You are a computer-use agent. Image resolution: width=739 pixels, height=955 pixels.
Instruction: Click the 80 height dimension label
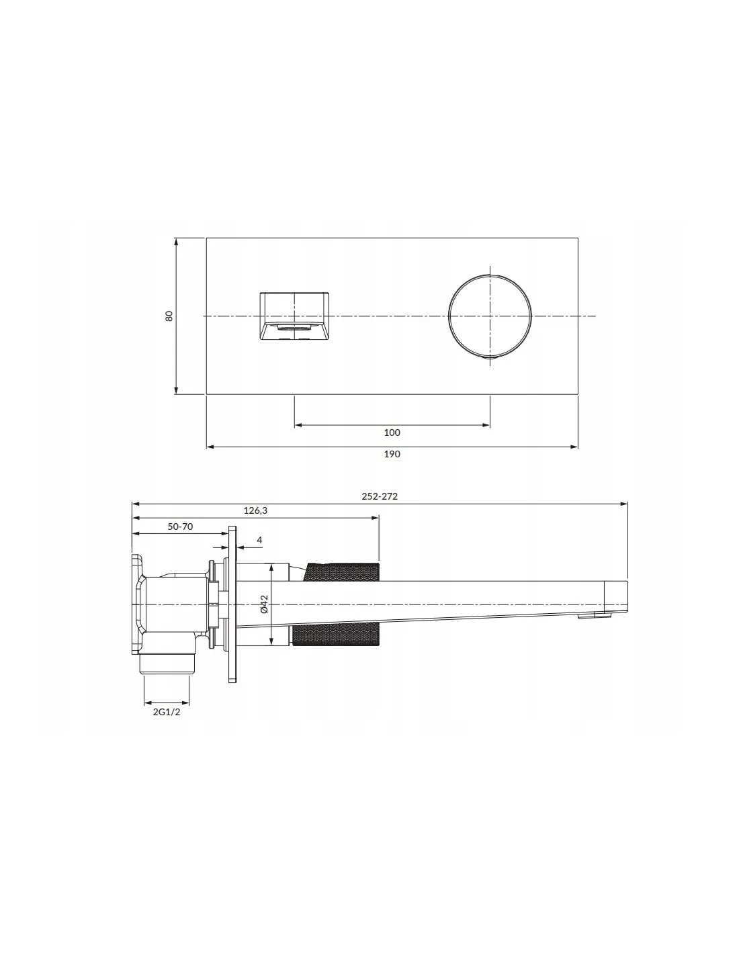(169, 316)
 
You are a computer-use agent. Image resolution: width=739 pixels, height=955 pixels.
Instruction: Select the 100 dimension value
(392, 433)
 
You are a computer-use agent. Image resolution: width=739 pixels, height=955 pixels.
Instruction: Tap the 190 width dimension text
(392, 454)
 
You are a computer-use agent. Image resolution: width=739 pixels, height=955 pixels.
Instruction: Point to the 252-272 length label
(380, 496)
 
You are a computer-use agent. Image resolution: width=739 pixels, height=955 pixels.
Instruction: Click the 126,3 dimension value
(255, 510)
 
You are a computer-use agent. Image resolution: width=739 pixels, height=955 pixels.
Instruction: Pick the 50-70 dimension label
(180, 527)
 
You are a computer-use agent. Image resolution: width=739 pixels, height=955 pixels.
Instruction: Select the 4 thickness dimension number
(259, 540)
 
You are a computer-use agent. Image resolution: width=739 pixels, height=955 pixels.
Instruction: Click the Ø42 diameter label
(264, 604)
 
